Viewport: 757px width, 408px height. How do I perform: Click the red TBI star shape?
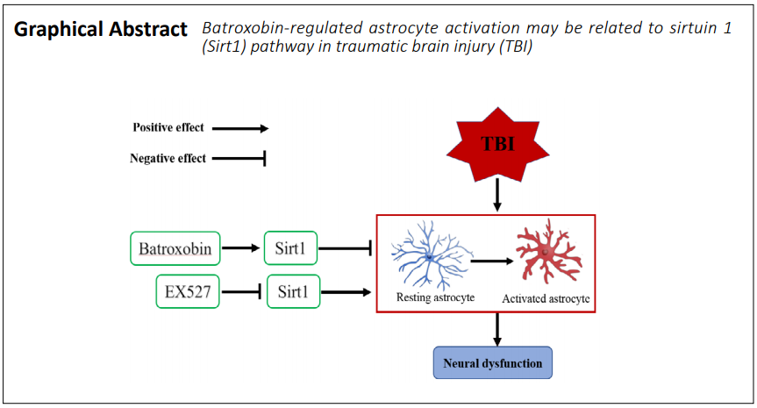(x=497, y=145)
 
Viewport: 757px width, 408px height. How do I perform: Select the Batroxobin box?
(x=175, y=248)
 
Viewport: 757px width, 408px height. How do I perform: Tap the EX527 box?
(x=188, y=291)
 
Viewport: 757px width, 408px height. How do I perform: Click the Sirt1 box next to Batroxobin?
(x=290, y=248)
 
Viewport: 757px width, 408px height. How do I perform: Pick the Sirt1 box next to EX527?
(x=293, y=291)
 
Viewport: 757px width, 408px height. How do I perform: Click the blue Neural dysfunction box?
(x=492, y=362)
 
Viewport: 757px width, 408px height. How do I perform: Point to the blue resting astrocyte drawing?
(x=431, y=255)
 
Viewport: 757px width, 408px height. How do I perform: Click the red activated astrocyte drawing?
(x=548, y=251)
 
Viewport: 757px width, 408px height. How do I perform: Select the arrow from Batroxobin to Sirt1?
(x=241, y=248)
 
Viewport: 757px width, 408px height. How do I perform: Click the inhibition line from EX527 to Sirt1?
(x=242, y=291)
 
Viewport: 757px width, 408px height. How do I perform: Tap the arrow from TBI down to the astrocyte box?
(x=497, y=195)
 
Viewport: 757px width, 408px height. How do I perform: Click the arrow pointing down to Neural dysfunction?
(x=497, y=330)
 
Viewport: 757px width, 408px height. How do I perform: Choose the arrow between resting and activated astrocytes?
(x=492, y=261)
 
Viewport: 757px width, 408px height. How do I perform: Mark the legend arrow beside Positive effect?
(x=240, y=128)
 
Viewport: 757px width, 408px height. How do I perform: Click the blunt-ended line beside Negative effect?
(x=239, y=158)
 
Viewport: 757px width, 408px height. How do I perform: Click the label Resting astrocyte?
(x=435, y=297)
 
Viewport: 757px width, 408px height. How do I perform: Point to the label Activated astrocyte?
(x=546, y=299)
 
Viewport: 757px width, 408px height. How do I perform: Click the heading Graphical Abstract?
(x=100, y=30)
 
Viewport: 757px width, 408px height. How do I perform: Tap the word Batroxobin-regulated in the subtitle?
(x=282, y=28)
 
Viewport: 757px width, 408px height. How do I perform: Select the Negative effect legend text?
(x=168, y=158)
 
